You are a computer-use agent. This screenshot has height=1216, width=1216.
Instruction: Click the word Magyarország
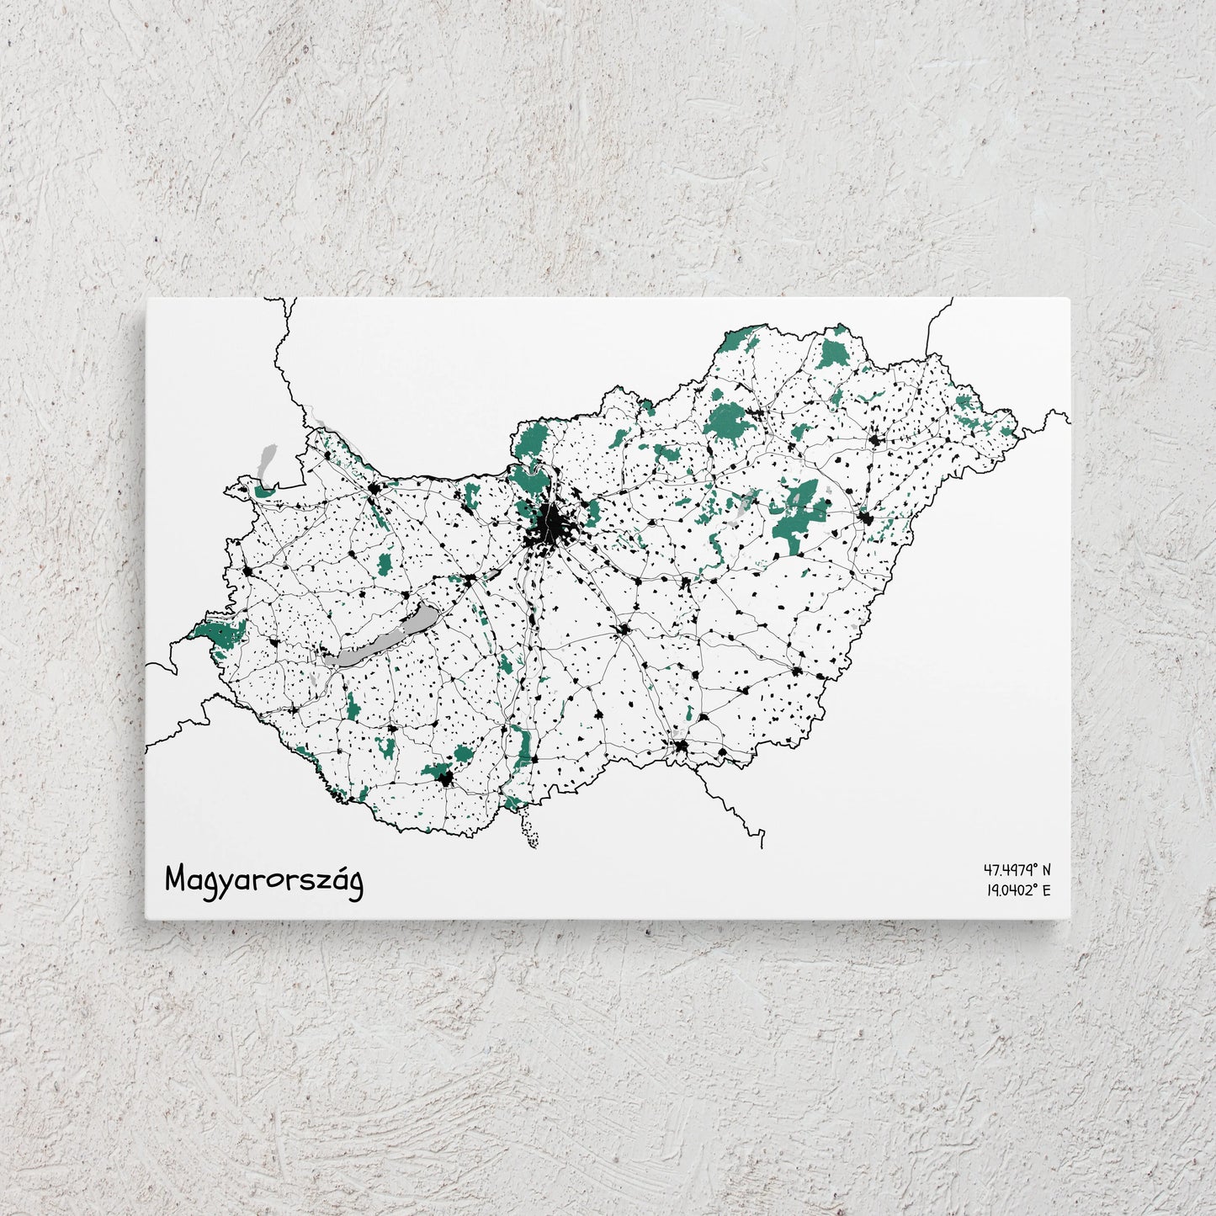tap(264, 880)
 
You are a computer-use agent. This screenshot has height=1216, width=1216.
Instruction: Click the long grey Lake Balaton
tap(379, 640)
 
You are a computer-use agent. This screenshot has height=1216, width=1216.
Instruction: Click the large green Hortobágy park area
tap(795, 518)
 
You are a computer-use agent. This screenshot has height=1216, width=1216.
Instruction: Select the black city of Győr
tap(372, 490)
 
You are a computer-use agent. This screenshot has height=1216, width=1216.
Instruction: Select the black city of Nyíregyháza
tap(875, 439)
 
